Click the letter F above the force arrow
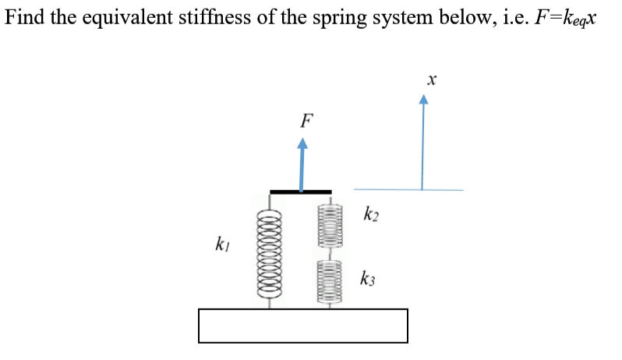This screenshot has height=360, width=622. (x=307, y=121)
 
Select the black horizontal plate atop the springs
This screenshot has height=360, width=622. (x=300, y=191)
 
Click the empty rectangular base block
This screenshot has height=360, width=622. (x=303, y=326)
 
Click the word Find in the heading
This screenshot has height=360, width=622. (x=24, y=16)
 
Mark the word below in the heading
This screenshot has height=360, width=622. (x=447, y=16)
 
